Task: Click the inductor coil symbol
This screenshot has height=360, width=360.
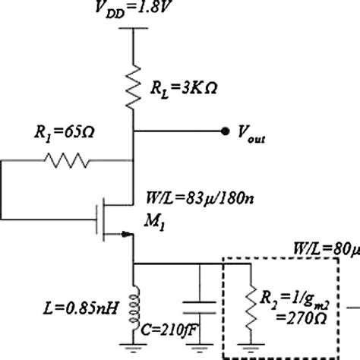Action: tap(134, 301)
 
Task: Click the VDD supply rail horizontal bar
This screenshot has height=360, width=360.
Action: tap(134, 30)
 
